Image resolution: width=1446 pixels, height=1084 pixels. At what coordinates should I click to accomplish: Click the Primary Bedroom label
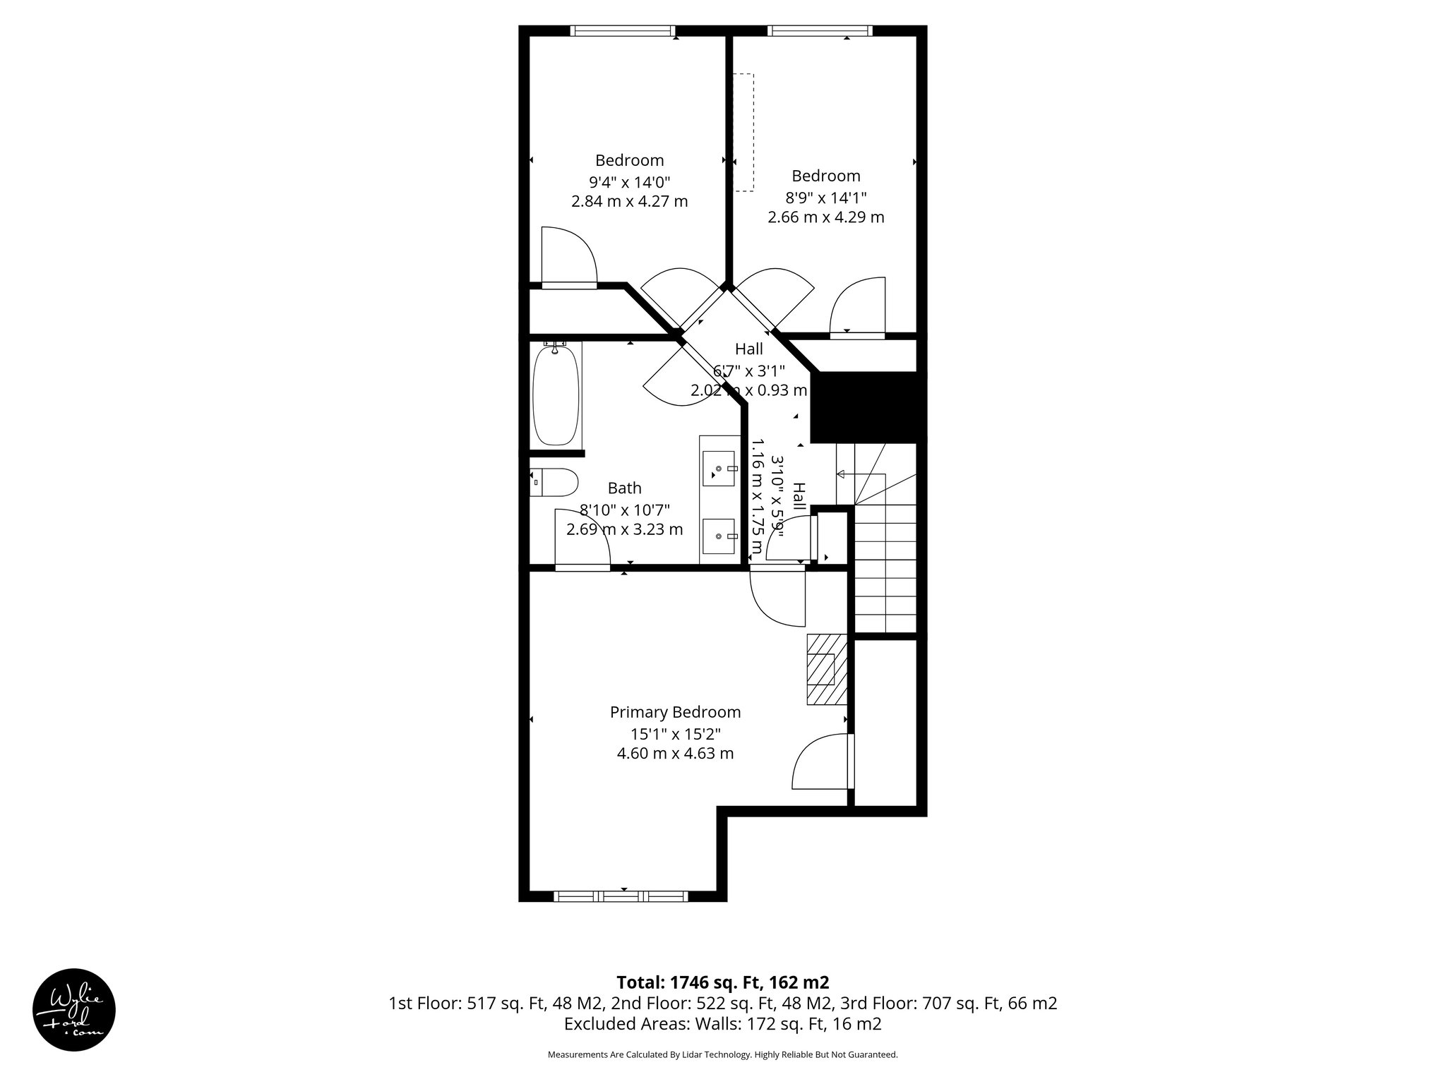pyautogui.click(x=675, y=712)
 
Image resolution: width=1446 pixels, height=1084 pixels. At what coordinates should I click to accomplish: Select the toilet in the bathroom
pyautogui.click(x=555, y=483)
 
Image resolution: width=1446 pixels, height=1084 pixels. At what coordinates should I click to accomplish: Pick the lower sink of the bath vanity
pyautogui.click(x=719, y=536)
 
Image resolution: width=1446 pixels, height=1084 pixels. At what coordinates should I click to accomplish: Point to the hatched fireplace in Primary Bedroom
pyautogui.click(x=826, y=669)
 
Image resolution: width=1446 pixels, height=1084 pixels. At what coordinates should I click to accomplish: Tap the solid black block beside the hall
pyautogui.click(x=867, y=407)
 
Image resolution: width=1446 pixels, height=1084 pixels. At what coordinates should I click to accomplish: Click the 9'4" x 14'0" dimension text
pyautogui.click(x=629, y=181)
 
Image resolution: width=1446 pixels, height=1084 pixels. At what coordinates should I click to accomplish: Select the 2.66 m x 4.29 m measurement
pyautogui.click(x=825, y=217)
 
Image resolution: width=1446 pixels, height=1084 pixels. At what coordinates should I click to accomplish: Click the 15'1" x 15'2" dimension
pyautogui.click(x=675, y=733)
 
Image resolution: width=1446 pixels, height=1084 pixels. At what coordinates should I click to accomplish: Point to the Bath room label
pyautogui.click(x=624, y=488)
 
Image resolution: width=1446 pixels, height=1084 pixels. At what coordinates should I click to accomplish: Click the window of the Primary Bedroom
pyautogui.click(x=621, y=896)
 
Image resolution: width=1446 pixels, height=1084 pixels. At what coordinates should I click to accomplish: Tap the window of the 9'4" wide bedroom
pyautogui.click(x=623, y=30)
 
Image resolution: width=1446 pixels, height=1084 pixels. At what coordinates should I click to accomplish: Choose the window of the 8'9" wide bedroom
pyautogui.click(x=820, y=30)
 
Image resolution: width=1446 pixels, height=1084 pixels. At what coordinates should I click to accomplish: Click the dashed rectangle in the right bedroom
pyautogui.click(x=743, y=132)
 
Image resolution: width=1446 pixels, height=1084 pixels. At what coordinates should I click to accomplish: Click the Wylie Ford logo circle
pyautogui.click(x=74, y=1009)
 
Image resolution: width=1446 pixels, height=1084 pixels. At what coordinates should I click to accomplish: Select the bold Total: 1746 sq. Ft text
pyautogui.click(x=722, y=982)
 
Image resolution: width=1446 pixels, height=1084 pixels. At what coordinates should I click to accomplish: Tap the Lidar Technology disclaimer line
pyautogui.click(x=722, y=1055)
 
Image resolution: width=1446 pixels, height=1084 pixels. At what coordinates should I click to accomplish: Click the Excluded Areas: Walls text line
pyautogui.click(x=722, y=1023)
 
